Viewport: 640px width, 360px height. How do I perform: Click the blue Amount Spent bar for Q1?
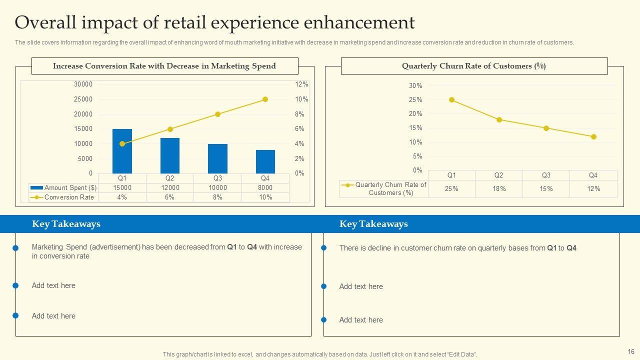tap(122, 151)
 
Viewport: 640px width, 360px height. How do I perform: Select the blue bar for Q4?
tap(265, 161)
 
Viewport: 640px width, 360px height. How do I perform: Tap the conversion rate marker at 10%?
tap(265, 99)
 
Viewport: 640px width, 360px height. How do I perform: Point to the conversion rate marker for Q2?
tap(170, 129)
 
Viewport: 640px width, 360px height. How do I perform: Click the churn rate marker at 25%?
tap(451, 100)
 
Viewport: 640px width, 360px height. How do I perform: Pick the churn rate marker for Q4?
tap(593, 136)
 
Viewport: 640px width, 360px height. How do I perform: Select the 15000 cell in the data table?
tap(122, 188)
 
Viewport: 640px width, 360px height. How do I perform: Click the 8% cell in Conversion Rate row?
tap(217, 197)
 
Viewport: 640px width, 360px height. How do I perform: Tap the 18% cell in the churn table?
tap(499, 188)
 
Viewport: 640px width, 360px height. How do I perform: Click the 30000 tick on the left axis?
tap(83, 84)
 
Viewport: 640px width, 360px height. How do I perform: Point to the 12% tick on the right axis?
tap(301, 84)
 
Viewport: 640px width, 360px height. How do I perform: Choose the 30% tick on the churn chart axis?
tap(415, 86)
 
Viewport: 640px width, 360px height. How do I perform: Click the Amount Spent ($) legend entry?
tap(64, 188)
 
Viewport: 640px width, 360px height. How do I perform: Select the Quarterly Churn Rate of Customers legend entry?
tap(384, 188)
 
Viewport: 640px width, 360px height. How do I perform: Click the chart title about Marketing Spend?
tap(164, 66)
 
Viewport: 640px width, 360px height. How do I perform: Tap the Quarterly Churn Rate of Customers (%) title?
tap(473, 66)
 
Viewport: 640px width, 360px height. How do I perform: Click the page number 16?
tap(630, 351)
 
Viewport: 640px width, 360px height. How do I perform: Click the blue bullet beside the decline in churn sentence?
tap(323, 248)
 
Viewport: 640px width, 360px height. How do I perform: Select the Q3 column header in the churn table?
tap(546, 175)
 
